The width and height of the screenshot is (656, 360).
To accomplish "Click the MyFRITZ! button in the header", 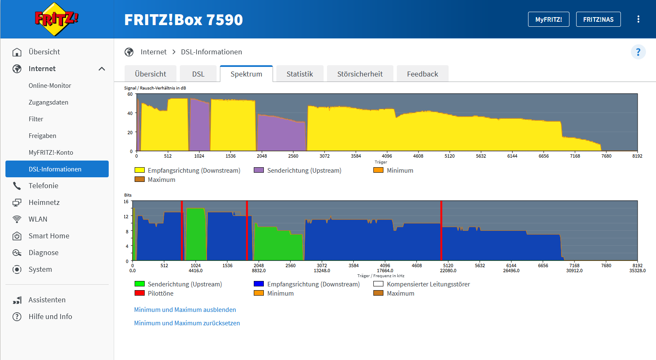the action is point(549,19).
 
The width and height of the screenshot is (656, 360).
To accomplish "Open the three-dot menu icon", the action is point(638,19).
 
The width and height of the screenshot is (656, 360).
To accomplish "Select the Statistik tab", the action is point(300,74).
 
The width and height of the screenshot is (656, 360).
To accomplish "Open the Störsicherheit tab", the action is point(360,74).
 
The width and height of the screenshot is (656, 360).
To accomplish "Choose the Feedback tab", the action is point(422,74).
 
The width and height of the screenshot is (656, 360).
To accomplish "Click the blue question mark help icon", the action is point(638,52).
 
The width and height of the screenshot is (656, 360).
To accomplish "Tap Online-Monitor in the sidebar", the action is point(50,86).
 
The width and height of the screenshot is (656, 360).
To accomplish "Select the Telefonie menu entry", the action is point(43,186).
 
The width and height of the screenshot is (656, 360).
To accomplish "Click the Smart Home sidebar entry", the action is point(49,236).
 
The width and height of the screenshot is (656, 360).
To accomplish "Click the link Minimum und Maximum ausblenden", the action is point(185,310).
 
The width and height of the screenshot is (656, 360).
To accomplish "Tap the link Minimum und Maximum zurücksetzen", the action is point(187,323).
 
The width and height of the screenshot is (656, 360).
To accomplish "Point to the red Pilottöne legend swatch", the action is point(139,293).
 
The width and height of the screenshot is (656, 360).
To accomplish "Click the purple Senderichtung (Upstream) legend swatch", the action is point(259,170).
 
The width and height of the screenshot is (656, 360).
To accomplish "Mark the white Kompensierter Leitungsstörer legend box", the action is point(378,283).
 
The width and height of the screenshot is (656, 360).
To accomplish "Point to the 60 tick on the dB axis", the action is point(130,94).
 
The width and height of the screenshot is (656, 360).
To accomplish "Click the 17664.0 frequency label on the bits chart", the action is point(385,271).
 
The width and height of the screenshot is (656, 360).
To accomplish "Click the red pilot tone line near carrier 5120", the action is point(441,230).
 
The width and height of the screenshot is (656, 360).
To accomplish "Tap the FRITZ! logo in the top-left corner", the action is point(56,19).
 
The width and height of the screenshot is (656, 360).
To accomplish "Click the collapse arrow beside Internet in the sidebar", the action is point(102,69).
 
